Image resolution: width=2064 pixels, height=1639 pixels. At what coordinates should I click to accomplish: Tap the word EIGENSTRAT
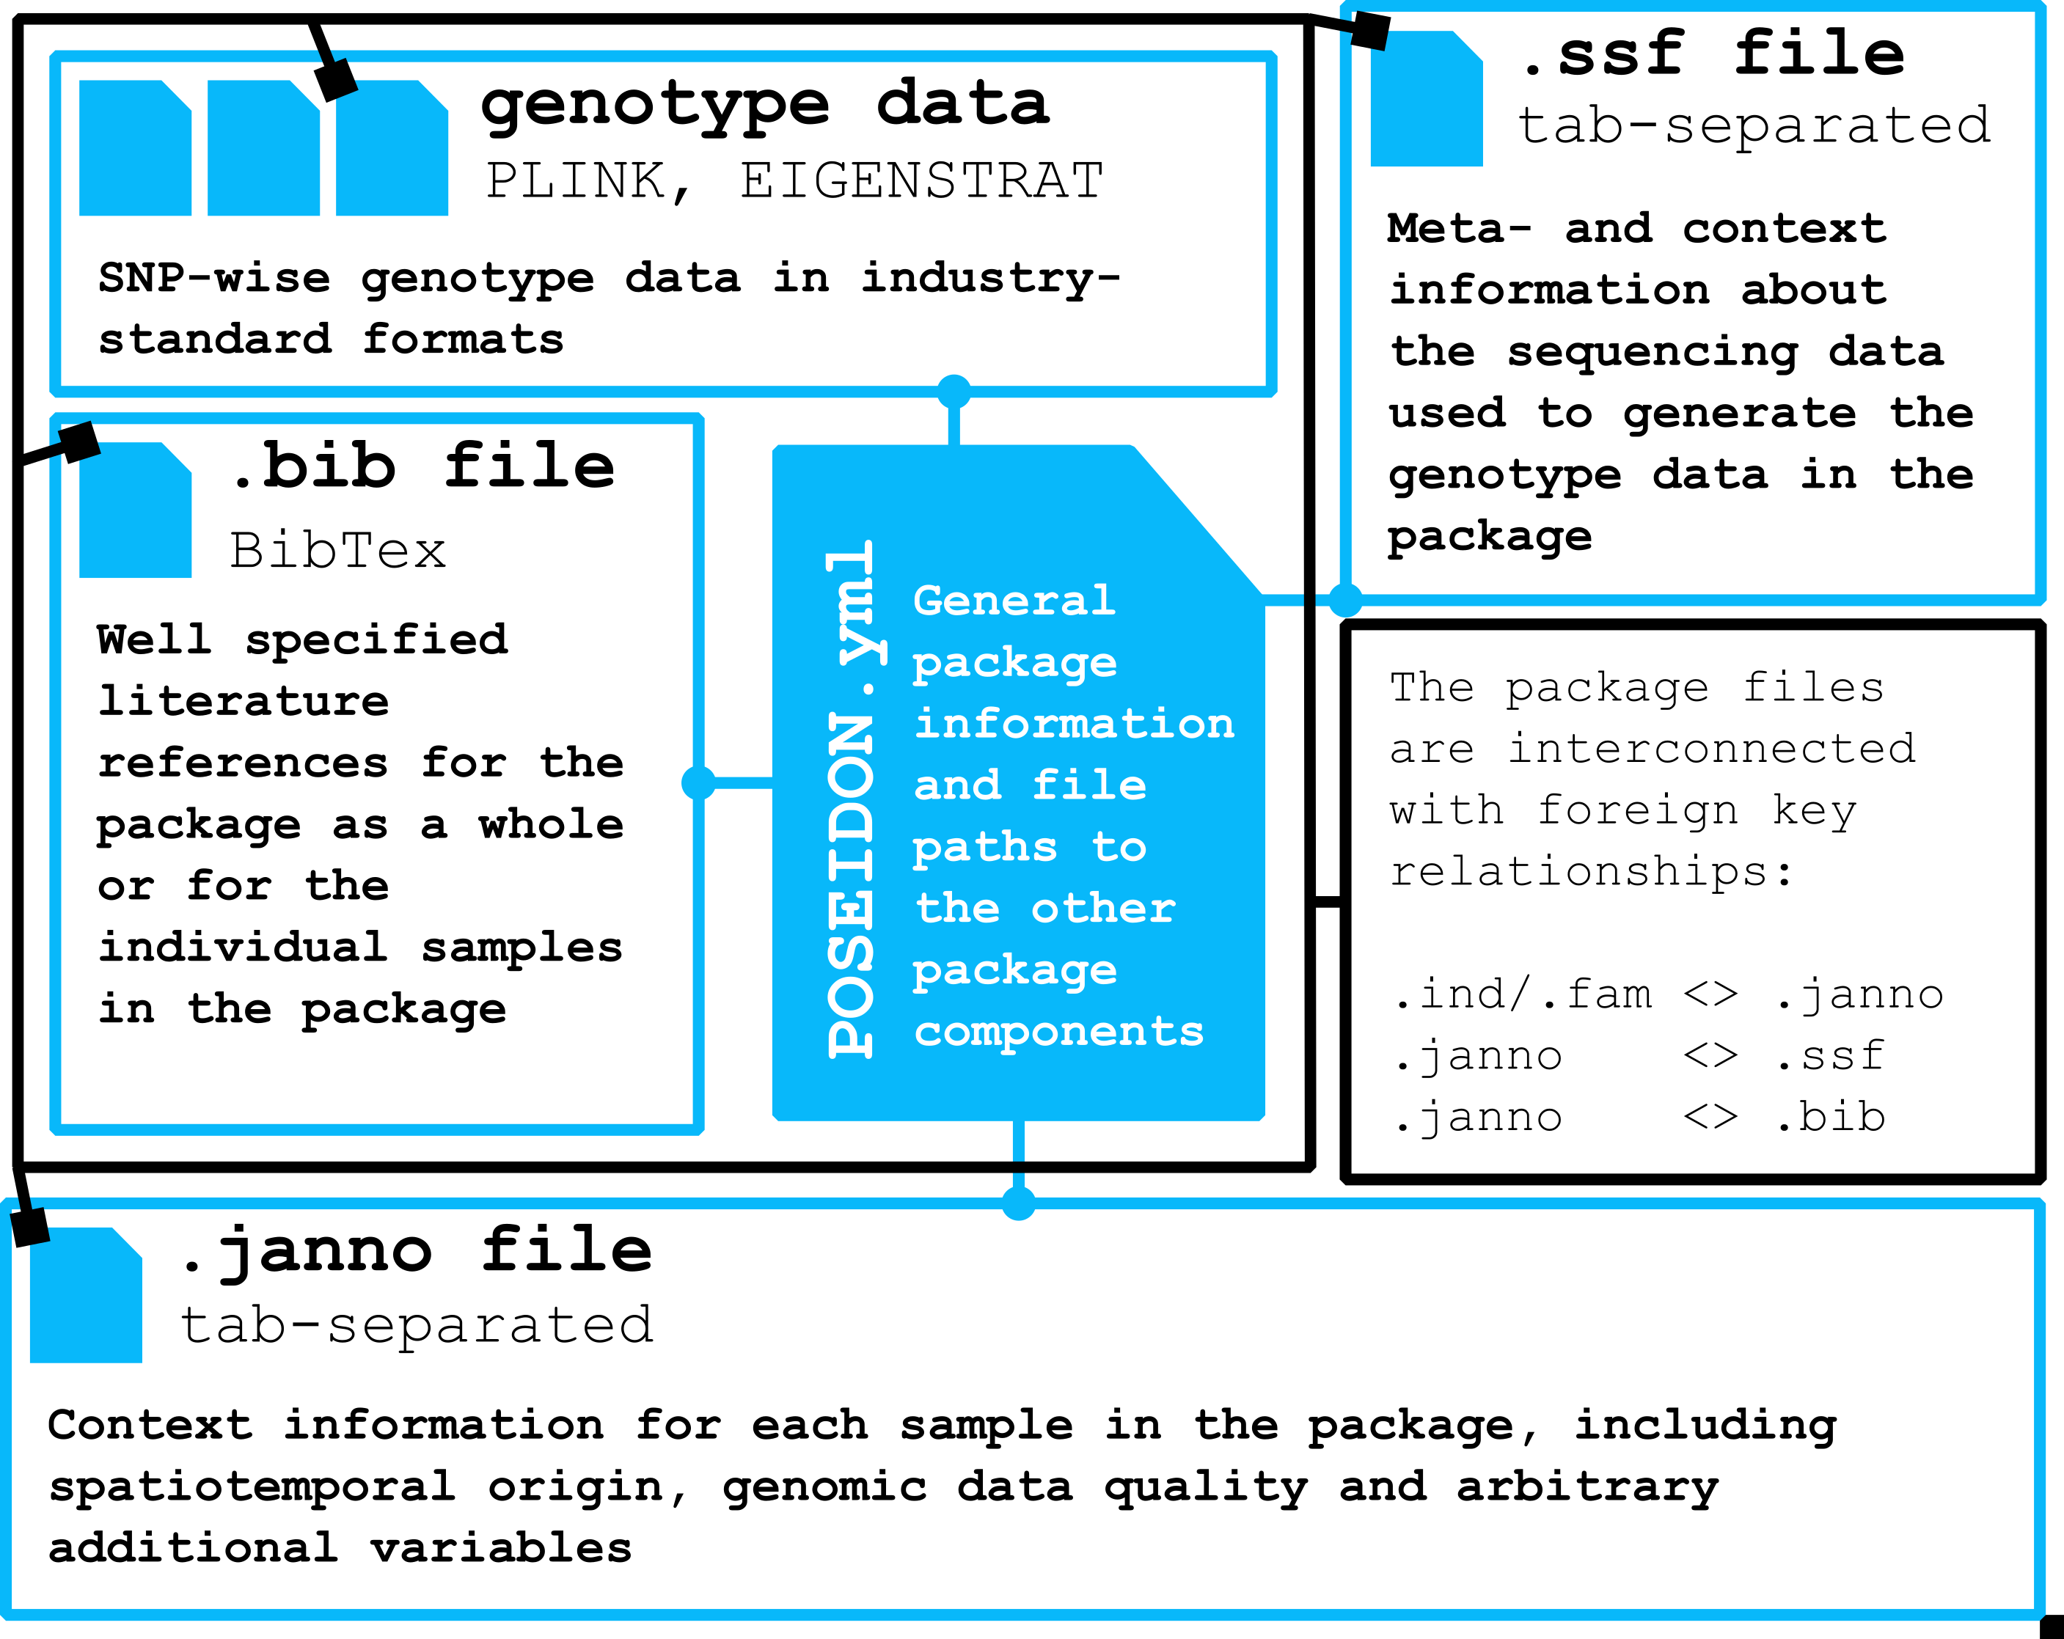921,181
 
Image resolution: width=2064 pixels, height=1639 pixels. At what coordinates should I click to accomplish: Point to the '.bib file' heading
424,466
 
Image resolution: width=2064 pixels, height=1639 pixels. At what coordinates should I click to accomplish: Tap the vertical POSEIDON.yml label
851,799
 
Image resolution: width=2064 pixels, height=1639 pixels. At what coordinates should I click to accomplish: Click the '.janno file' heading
417,1250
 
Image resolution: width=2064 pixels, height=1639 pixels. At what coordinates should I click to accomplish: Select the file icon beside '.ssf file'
1425,100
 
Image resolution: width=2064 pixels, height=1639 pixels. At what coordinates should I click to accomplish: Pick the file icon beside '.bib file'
135,510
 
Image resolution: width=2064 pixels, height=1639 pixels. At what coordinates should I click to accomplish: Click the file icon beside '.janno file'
85,1295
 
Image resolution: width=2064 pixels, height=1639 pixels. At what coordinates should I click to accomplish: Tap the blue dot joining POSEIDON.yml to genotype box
954,391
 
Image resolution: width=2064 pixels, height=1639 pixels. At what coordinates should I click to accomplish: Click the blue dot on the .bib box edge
699,782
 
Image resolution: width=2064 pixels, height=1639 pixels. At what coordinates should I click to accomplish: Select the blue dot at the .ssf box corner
1346,601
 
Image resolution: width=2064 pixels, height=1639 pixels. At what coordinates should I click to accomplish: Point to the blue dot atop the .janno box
1019,1203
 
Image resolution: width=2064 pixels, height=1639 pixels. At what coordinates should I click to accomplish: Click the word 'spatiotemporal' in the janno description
252,1486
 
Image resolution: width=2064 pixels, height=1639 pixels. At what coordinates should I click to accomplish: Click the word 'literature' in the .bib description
244,702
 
